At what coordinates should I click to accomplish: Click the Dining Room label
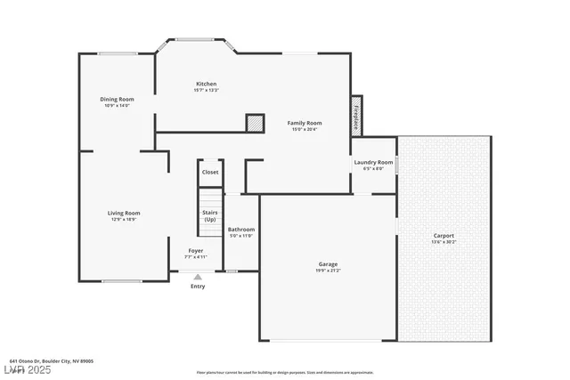tap(117, 99)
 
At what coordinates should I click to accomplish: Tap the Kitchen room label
tap(206, 84)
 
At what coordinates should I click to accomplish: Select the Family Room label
tap(305, 123)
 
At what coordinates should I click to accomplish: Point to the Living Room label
tap(124, 213)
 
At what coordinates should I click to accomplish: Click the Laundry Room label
tap(373, 162)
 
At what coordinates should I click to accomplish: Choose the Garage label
tap(328, 264)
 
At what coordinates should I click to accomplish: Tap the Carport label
tap(444, 236)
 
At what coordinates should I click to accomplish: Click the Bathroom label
tap(241, 229)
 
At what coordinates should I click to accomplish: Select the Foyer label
tap(195, 251)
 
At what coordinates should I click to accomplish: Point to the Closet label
tap(210, 172)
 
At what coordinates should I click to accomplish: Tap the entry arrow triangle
tap(198, 277)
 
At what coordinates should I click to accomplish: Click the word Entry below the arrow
tap(198, 286)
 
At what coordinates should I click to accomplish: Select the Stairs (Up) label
tap(210, 215)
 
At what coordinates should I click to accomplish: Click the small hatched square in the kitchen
tap(256, 123)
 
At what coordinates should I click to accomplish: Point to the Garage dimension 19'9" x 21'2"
tap(328, 271)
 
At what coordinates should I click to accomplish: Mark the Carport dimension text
tap(444, 242)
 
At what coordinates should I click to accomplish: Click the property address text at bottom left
tap(51, 361)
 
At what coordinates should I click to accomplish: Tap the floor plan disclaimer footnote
tap(284, 372)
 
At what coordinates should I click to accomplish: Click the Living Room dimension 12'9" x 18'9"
tap(124, 219)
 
